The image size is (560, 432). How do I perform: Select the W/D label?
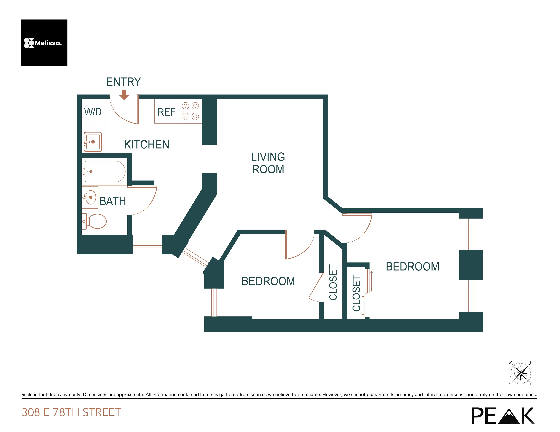(93, 112)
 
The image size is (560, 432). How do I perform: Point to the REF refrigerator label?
(166, 112)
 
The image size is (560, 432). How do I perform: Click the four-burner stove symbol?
(190, 111)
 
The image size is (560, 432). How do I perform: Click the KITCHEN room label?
(146, 145)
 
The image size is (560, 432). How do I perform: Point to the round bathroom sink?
(90, 197)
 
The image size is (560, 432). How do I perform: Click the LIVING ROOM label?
(268, 163)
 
